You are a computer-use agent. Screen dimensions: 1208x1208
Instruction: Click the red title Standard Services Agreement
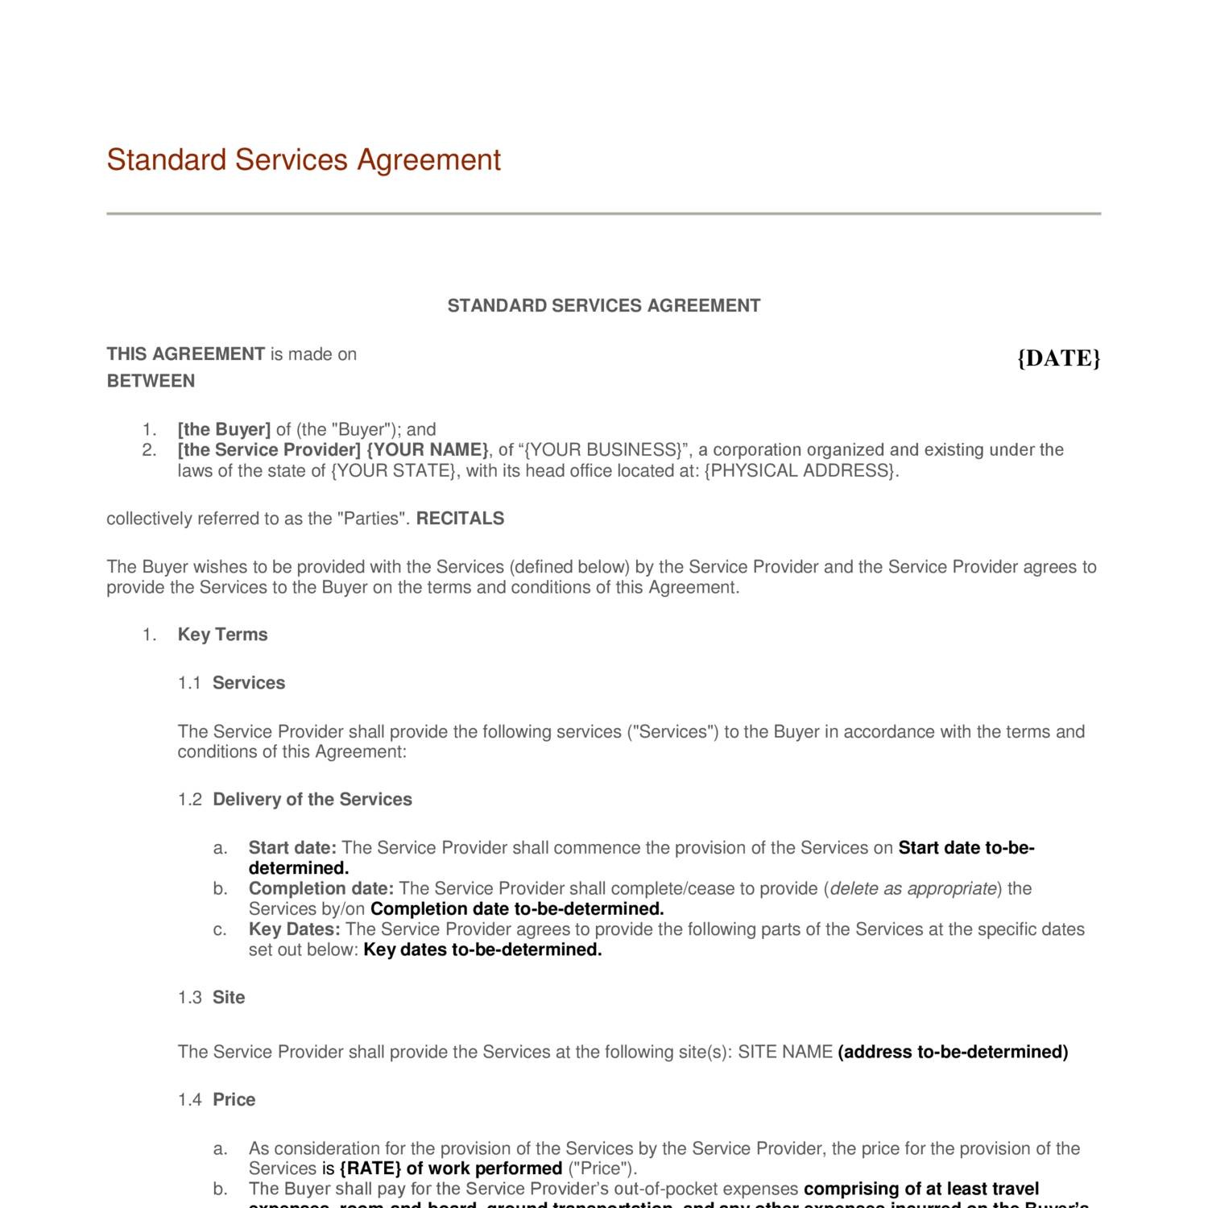[304, 159]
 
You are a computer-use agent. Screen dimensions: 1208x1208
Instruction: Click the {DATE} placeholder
[1058, 358]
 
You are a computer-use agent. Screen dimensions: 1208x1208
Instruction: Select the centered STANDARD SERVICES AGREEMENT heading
[603, 306]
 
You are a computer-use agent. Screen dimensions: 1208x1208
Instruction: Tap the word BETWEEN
[151, 381]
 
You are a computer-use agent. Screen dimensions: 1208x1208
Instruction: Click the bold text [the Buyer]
[224, 429]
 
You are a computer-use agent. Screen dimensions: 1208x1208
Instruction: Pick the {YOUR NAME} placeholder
[427, 449]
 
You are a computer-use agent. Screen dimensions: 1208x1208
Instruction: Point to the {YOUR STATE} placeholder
[393, 470]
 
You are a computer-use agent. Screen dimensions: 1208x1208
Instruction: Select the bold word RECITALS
[460, 519]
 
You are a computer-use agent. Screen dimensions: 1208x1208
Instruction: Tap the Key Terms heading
[222, 635]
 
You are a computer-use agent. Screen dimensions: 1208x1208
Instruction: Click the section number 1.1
[189, 683]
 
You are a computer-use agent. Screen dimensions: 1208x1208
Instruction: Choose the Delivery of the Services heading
[312, 800]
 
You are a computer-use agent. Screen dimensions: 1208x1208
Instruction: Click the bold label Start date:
[292, 848]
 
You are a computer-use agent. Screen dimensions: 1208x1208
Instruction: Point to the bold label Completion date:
[321, 888]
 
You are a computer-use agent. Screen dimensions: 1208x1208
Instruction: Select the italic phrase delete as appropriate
[913, 888]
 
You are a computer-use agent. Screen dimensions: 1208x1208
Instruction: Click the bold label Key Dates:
[294, 929]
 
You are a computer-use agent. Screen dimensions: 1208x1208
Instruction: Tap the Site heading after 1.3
[229, 998]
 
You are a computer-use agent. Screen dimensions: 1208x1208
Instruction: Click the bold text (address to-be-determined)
[953, 1052]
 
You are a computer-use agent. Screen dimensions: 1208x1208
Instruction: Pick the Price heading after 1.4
[234, 1100]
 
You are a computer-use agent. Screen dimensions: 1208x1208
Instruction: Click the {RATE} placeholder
[370, 1169]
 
